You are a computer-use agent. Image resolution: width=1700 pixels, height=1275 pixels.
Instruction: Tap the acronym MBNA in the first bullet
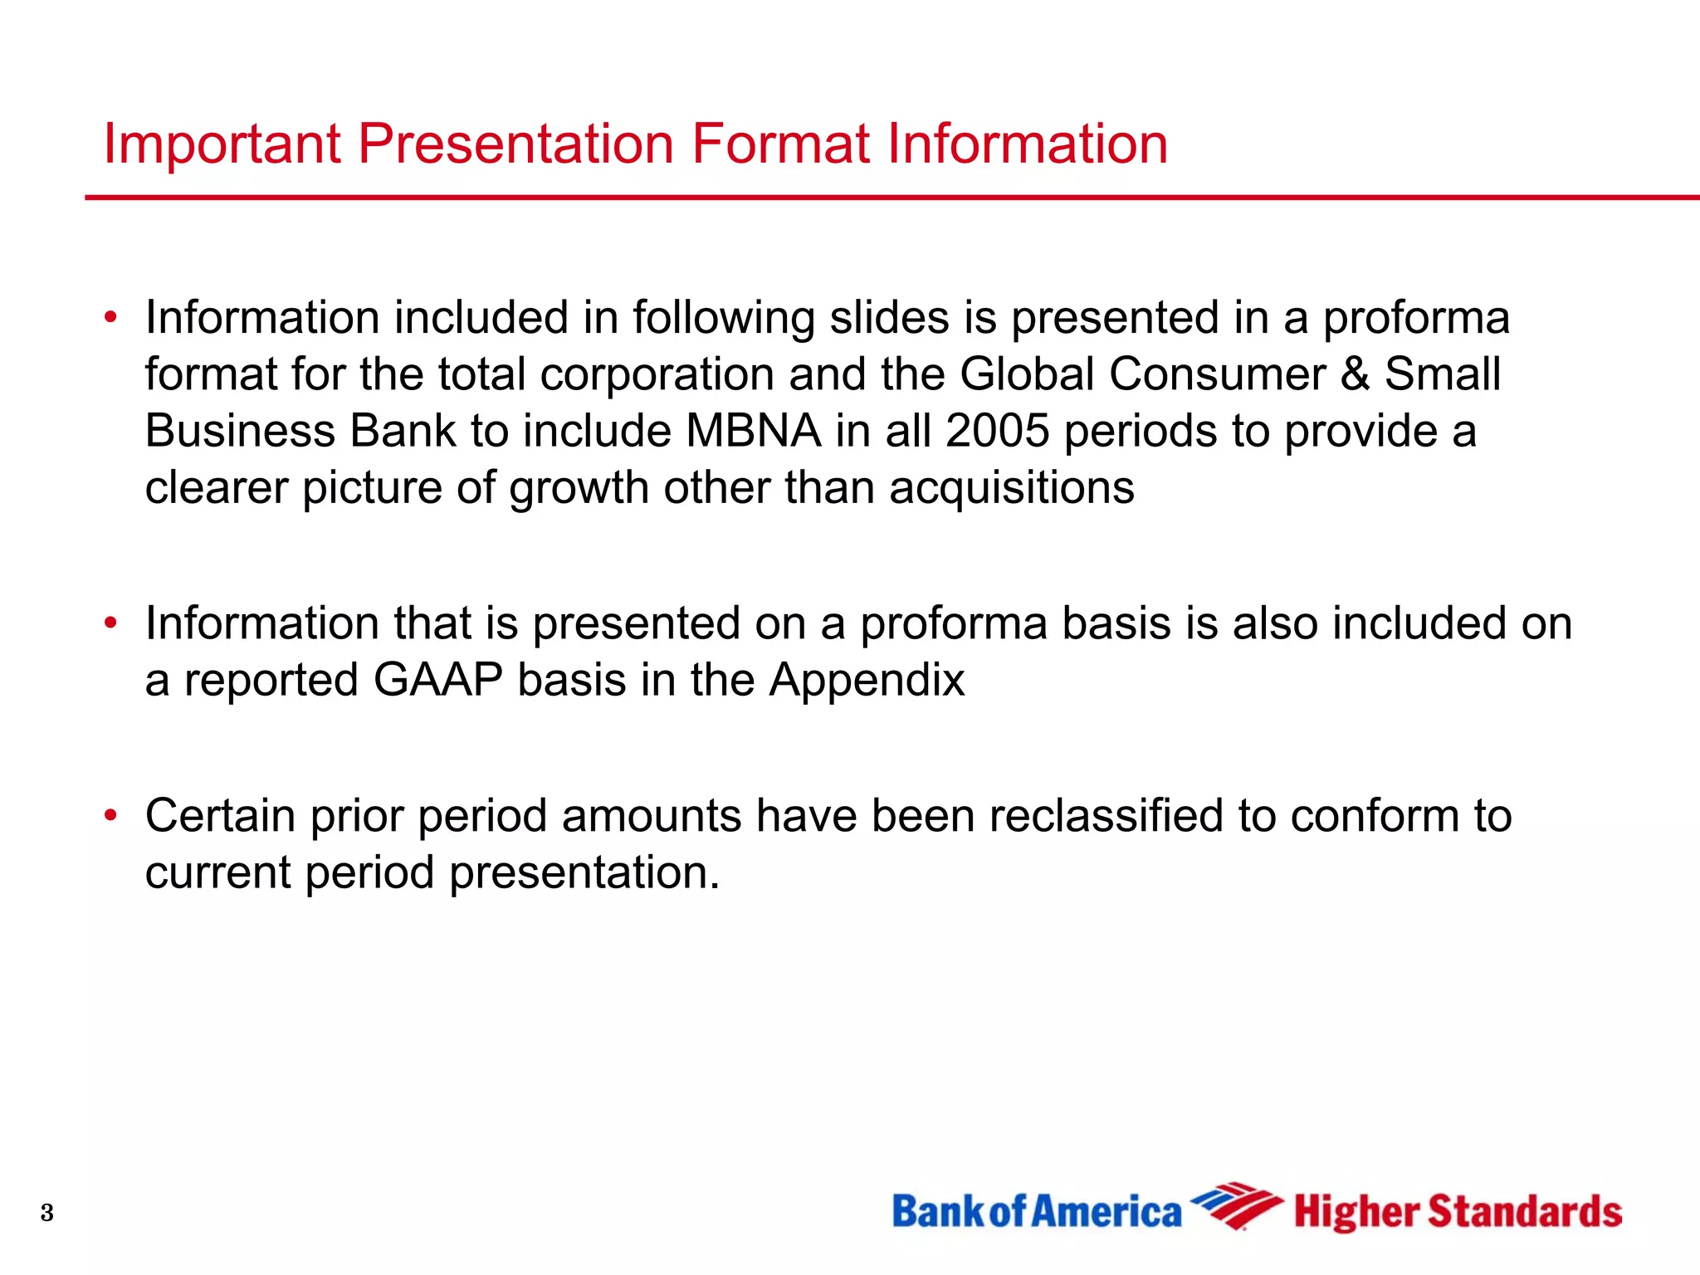(x=753, y=432)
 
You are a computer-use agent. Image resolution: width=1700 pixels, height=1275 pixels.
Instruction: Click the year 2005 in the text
(x=997, y=432)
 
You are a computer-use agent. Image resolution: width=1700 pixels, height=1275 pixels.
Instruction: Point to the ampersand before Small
(x=1354, y=374)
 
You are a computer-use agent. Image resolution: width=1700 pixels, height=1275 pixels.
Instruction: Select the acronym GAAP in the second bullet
(x=437, y=681)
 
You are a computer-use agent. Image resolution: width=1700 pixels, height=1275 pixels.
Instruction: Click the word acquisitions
(x=1011, y=487)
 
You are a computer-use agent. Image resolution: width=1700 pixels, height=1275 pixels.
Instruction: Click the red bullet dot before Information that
(x=110, y=623)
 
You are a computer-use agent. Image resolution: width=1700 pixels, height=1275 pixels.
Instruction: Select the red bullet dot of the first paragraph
(x=110, y=318)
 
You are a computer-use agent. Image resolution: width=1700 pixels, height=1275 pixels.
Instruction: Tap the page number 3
(x=47, y=1213)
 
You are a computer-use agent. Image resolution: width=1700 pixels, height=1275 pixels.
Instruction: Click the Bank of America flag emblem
(x=1235, y=1205)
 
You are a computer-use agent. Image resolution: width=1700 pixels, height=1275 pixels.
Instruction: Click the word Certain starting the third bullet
(x=220, y=816)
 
